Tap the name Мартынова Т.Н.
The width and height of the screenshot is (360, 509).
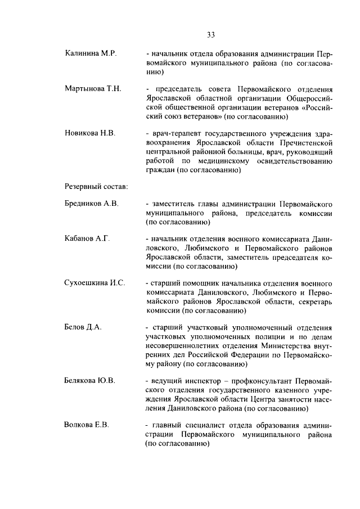[x=93, y=89]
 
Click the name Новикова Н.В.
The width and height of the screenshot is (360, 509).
[x=90, y=133]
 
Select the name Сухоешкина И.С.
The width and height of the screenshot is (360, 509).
[x=94, y=283]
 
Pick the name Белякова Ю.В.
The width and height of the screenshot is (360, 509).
[x=90, y=380]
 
